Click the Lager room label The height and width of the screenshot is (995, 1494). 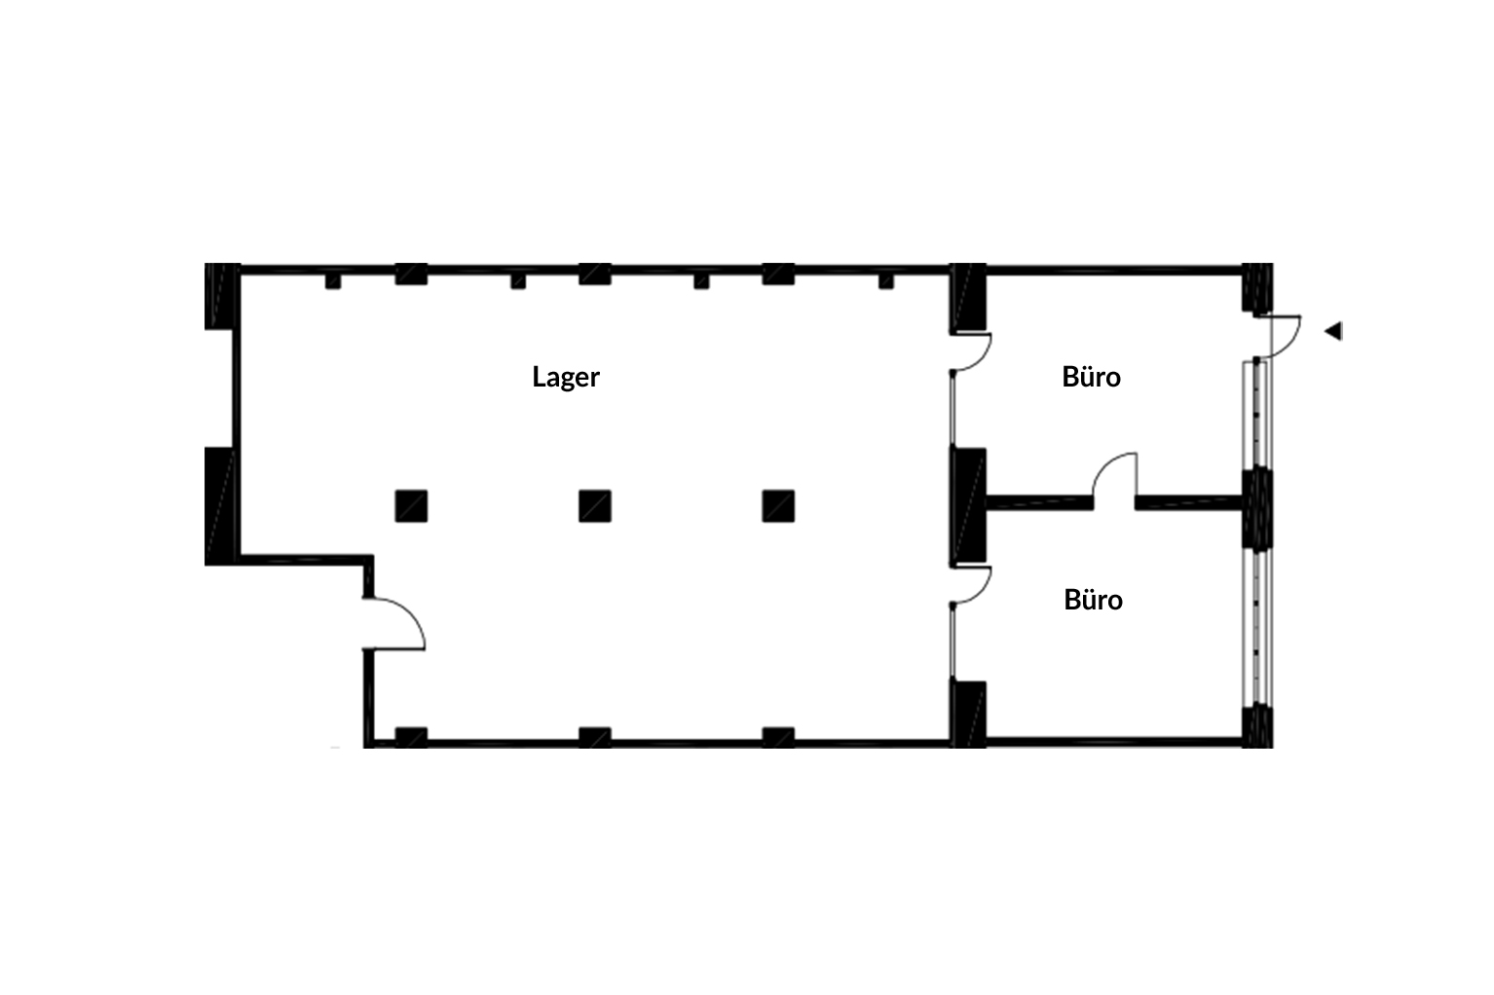[x=565, y=377]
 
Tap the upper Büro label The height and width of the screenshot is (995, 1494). [x=1091, y=377]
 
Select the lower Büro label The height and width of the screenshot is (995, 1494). [x=1093, y=600]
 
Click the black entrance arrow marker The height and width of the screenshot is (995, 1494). [x=1333, y=331]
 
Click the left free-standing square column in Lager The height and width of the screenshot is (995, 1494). [x=411, y=506]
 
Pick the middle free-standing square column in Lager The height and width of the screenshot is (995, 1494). [x=594, y=506]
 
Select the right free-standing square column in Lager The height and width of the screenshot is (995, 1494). [x=778, y=506]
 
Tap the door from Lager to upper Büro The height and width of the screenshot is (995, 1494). [x=971, y=351]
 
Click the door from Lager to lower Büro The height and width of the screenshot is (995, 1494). [x=971, y=585]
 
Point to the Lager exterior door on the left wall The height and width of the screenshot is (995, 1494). [x=393, y=623]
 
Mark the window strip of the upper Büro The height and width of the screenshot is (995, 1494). [x=1257, y=415]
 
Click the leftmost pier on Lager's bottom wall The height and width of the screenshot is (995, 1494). [x=411, y=737]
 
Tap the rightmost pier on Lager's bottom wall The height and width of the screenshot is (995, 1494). [x=778, y=737]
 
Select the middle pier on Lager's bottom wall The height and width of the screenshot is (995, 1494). [x=594, y=737]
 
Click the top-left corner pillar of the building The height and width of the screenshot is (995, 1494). [x=222, y=295]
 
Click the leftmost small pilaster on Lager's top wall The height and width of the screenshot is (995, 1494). [x=333, y=281]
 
